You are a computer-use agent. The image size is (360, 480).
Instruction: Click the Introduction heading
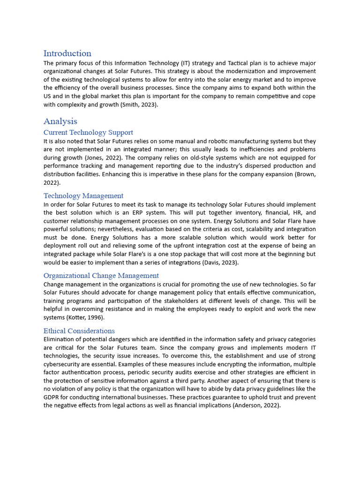point(67,53)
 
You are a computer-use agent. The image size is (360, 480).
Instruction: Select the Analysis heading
point(60,121)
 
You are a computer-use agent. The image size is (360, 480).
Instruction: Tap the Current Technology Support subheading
point(88,133)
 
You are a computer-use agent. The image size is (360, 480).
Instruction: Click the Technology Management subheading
point(83,196)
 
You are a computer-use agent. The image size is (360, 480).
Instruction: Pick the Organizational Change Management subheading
point(101,276)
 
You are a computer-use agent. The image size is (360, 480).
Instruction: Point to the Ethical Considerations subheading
point(79,331)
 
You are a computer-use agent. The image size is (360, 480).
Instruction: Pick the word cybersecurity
point(64,364)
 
